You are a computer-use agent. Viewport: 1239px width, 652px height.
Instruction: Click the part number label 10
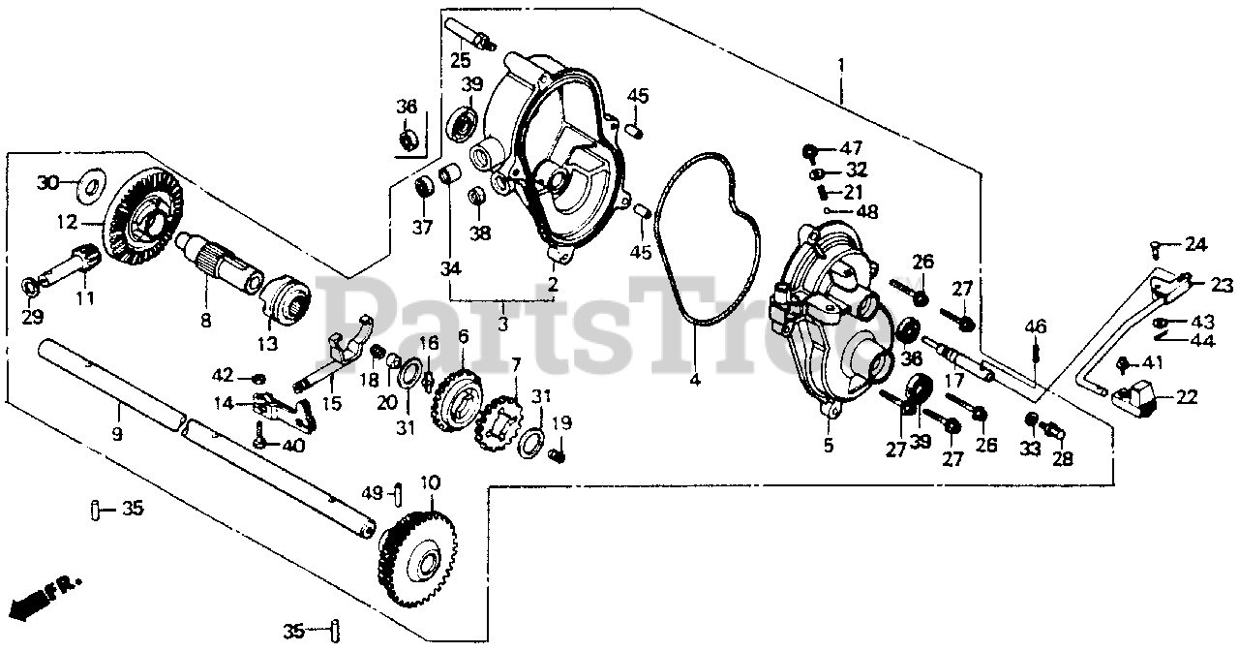[429, 481]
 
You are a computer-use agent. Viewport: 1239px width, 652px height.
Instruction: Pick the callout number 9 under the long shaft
[116, 435]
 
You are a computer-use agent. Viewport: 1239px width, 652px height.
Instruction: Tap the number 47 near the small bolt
[851, 148]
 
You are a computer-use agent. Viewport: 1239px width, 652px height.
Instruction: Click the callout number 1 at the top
[841, 65]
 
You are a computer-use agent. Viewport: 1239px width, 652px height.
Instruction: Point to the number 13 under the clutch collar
[266, 343]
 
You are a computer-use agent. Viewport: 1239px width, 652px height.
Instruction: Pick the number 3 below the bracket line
[503, 322]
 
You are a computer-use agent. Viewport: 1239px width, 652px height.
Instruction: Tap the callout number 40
[292, 446]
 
